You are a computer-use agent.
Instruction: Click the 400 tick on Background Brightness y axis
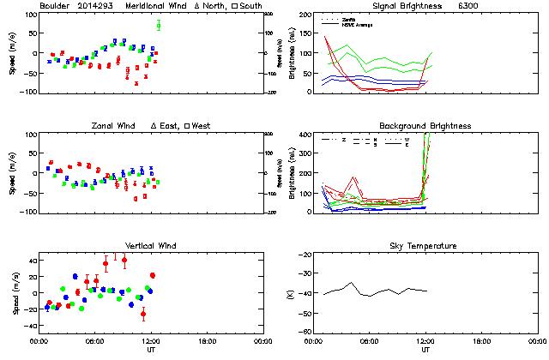pyautogui.click(x=305, y=135)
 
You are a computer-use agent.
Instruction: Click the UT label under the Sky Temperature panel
pyautogui.click(x=425, y=349)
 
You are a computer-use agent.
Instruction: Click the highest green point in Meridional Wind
pyautogui.click(x=158, y=26)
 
